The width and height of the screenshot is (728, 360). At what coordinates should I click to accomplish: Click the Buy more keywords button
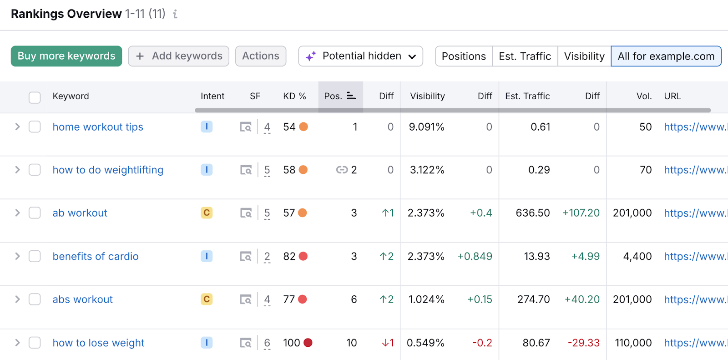pos(66,56)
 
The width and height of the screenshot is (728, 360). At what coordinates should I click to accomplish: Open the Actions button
pos(260,56)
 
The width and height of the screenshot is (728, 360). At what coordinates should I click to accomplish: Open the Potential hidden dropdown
pos(360,56)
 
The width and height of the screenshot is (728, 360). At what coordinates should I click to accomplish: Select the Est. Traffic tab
pos(525,56)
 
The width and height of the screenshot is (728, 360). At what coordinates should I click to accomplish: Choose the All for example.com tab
pos(666,56)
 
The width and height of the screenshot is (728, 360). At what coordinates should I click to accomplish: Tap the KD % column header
pos(294,96)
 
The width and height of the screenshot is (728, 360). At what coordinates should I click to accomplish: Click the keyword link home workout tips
pos(98,127)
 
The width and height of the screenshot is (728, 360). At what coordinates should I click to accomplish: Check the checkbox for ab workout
pos(35,213)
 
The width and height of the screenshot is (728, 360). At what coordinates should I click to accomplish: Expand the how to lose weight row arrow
pos(17,343)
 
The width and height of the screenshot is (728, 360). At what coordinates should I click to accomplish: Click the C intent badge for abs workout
pos(207,299)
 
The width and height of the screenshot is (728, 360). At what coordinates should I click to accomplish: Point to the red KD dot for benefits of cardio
pos(303,256)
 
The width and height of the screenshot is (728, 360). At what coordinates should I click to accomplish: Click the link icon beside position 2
pos(342,170)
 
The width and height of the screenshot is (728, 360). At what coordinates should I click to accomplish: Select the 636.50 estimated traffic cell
pos(532,213)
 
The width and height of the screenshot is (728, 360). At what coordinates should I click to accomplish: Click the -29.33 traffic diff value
pos(583,343)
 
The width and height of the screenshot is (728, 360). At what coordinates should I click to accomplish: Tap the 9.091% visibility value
pos(426,127)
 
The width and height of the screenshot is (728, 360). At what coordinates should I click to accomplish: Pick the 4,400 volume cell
pos(637,256)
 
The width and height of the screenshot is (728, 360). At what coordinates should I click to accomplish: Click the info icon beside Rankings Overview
pos(175,14)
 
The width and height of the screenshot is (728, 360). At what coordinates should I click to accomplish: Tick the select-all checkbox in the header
pos(35,97)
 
